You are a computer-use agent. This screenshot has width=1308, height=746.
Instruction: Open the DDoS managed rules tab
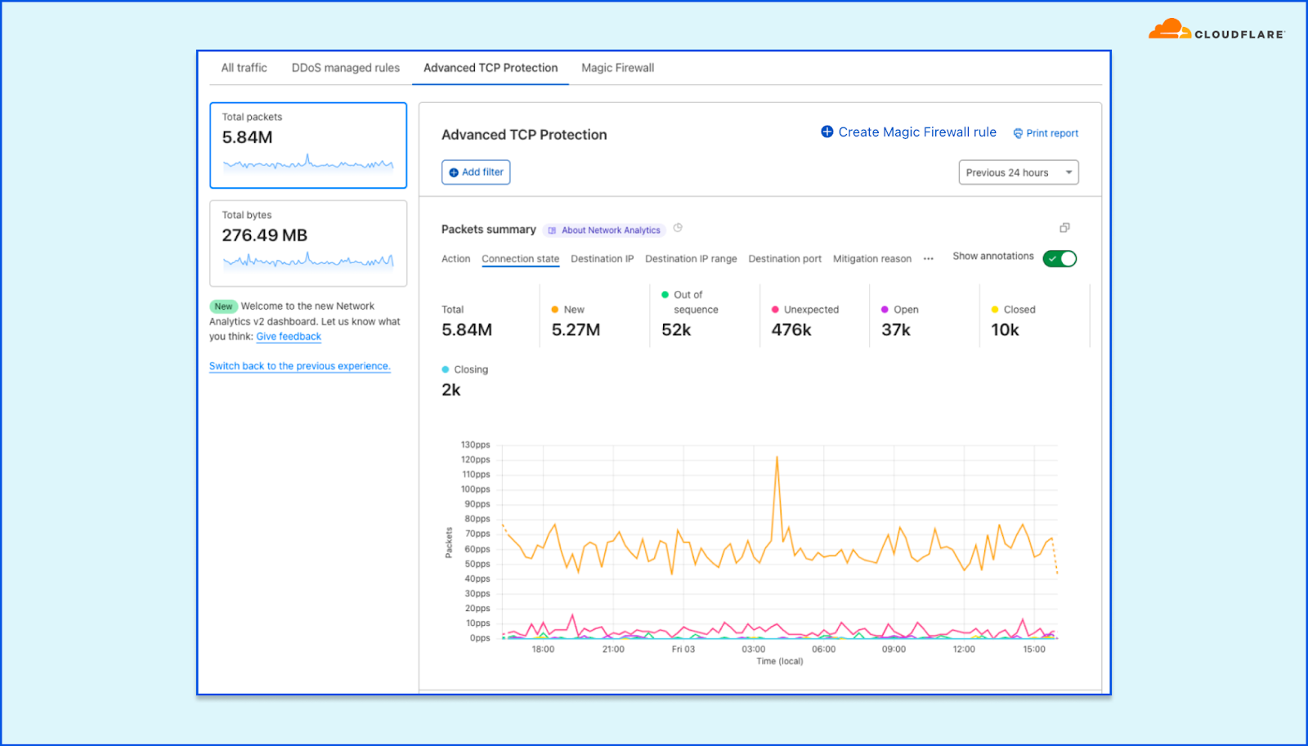[345, 68]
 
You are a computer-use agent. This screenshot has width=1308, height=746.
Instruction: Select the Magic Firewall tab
[617, 68]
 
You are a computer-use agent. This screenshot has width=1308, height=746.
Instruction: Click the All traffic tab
[244, 68]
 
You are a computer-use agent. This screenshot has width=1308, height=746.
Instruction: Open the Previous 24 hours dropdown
[1018, 172]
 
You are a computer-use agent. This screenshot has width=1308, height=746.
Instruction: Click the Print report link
[1046, 133]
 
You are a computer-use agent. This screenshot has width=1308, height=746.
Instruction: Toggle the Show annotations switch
[1059, 258]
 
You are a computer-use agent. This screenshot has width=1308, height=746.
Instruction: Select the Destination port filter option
[785, 259]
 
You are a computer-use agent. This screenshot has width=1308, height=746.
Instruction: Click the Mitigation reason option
[871, 259]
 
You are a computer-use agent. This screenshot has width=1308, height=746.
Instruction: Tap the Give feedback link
[289, 337]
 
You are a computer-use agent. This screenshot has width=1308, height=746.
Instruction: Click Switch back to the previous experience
[299, 366]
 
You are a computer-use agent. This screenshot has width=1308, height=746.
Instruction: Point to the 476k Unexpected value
[791, 330]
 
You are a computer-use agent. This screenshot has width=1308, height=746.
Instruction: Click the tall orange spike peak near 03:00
[777, 458]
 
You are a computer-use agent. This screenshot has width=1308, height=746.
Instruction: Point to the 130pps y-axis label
[475, 445]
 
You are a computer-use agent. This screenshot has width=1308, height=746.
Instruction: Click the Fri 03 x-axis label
[683, 650]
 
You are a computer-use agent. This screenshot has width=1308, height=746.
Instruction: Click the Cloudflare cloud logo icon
[1169, 30]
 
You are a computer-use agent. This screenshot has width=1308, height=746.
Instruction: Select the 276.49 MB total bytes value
[264, 235]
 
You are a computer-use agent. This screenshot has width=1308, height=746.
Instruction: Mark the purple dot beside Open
[885, 310]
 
